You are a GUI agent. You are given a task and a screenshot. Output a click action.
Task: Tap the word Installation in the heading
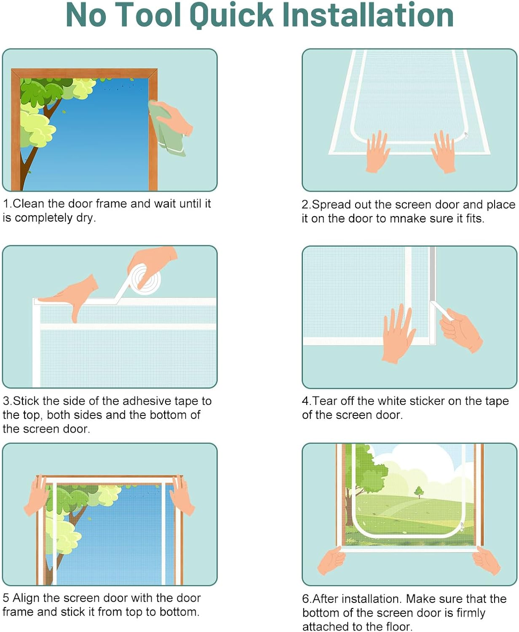click(368, 15)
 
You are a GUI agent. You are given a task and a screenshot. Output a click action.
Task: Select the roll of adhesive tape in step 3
click(146, 279)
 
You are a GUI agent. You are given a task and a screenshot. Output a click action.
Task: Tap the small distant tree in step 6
click(419, 492)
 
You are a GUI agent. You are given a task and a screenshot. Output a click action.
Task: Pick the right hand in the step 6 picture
click(486, 560)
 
